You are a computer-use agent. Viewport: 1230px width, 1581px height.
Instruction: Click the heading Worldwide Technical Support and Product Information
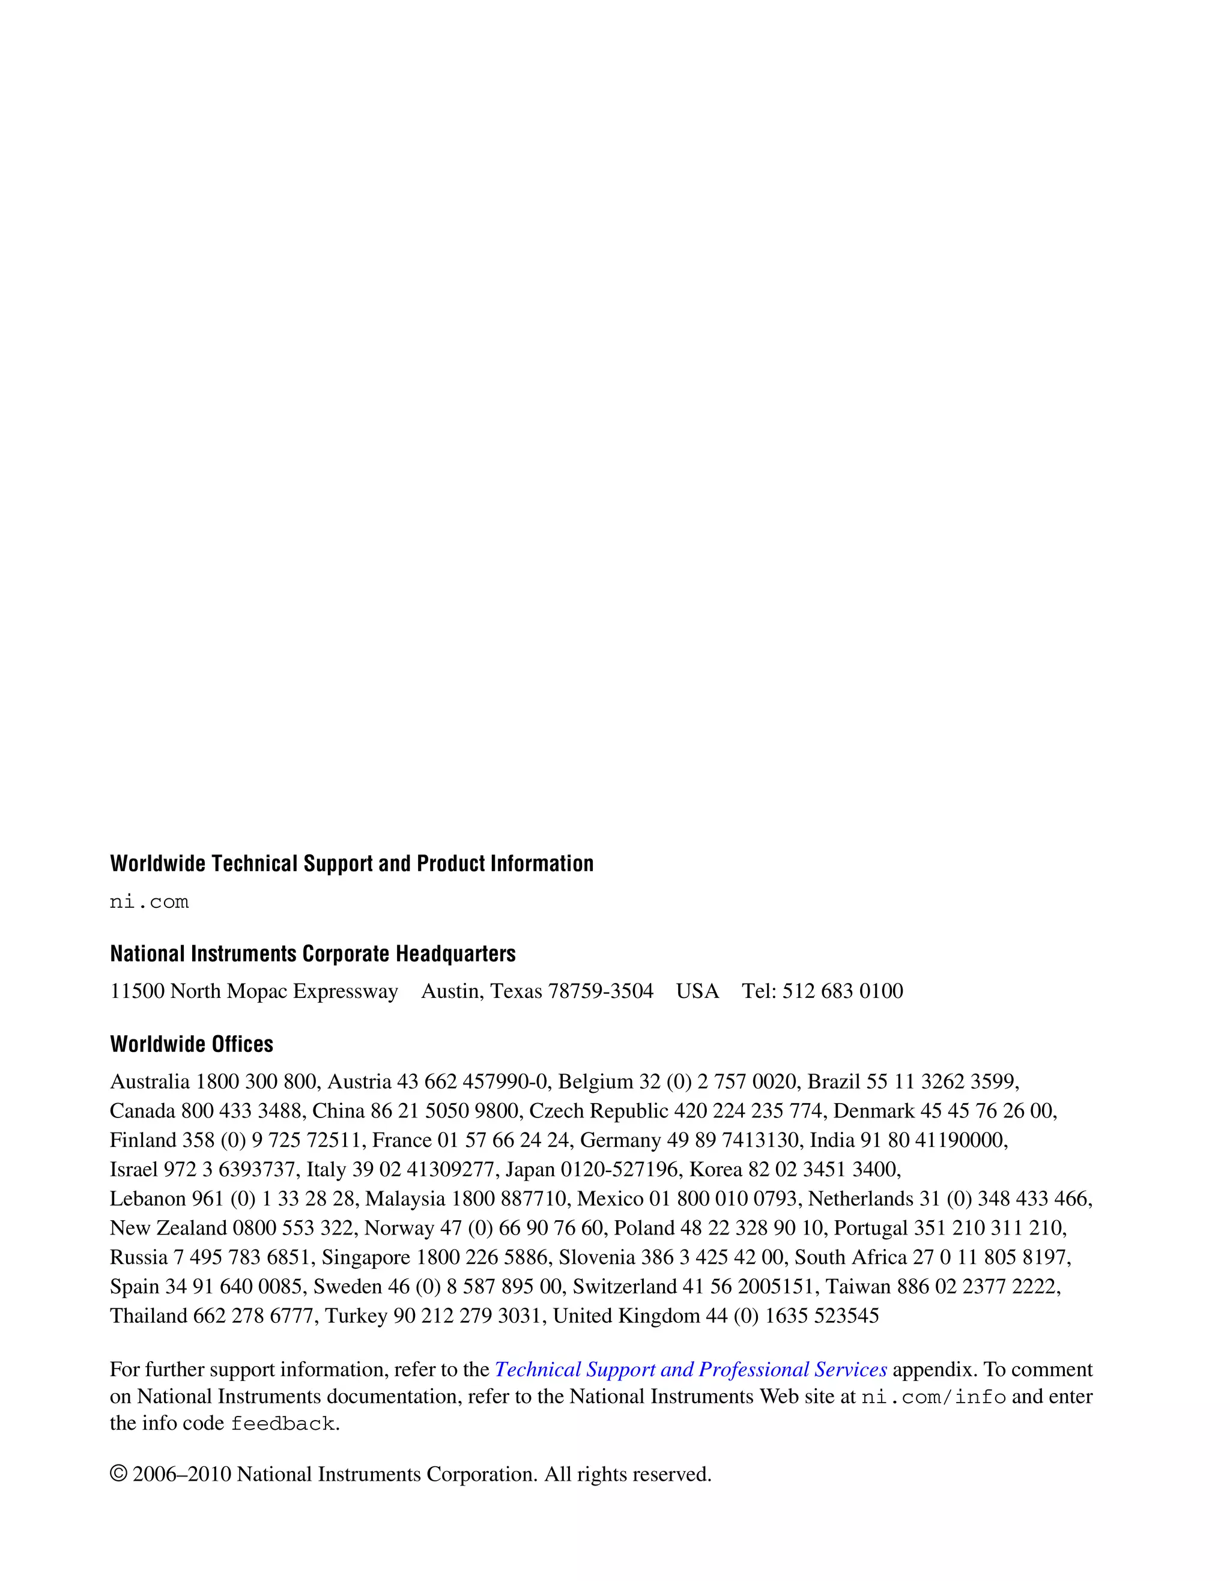pos(351,863)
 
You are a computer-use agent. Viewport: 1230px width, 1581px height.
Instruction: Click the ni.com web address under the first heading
pos(149,902)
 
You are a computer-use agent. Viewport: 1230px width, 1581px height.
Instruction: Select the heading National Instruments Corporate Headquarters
pos(313,954)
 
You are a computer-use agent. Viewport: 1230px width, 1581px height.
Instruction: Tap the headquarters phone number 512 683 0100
pos(843,991)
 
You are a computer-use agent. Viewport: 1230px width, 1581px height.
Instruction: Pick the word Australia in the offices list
pos(150,1081)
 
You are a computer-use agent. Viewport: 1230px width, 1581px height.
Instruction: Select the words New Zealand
pos(168,1228)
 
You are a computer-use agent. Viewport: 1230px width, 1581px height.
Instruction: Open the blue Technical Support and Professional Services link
pos(690,1370)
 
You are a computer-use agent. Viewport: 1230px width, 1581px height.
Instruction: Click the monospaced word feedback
pos(282,1424)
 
